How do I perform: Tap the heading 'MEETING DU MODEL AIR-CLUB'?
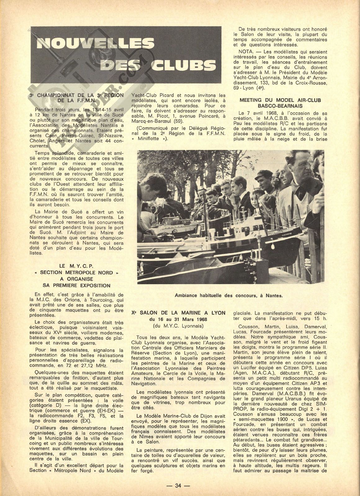tap(280, 100)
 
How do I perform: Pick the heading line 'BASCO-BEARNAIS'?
tap(280, 106)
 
